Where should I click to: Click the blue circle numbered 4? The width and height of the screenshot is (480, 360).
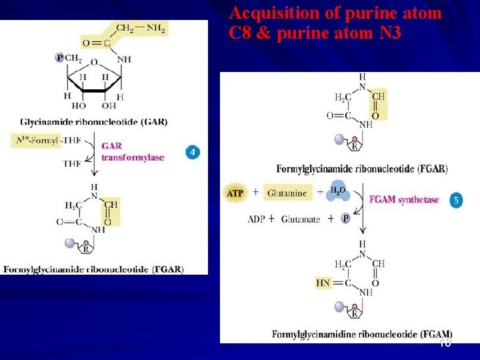(192, 153)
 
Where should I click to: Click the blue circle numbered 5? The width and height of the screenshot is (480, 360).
(455, 199)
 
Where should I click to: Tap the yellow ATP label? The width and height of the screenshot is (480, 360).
(235, 193)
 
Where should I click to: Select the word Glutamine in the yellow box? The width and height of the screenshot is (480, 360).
(287, 193)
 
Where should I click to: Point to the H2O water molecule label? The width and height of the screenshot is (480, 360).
(338, 191)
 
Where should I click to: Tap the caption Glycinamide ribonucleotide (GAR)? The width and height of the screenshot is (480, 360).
(93, 122)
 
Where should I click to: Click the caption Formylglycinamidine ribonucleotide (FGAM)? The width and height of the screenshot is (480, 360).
(362, 333)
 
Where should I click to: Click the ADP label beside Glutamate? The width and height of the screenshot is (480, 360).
(257, 219)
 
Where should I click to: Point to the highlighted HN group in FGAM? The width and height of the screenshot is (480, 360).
(323, 283)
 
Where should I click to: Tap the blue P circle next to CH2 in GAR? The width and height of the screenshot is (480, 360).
(59, 58)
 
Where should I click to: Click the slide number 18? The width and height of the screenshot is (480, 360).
(445, 343)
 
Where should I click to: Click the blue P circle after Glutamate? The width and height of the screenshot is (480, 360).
(345, 218)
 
